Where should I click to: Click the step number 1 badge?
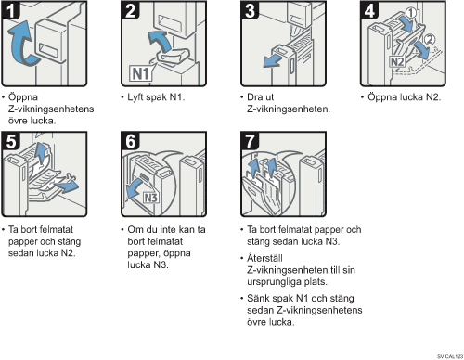10,10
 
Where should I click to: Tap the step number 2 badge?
130,10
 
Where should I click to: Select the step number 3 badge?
250,10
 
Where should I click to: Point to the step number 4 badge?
369,10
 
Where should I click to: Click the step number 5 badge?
10,141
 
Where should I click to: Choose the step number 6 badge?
130,141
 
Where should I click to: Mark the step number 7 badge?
250,141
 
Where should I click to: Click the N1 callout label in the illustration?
140,73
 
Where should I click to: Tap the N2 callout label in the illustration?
397,62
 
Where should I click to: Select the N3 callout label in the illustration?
151,198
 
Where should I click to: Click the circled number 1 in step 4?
411,13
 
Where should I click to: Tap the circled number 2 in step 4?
429,39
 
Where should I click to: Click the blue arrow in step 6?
136,189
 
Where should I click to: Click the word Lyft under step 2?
135,97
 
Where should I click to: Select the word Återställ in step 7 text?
264,258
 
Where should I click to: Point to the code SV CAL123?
450,356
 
